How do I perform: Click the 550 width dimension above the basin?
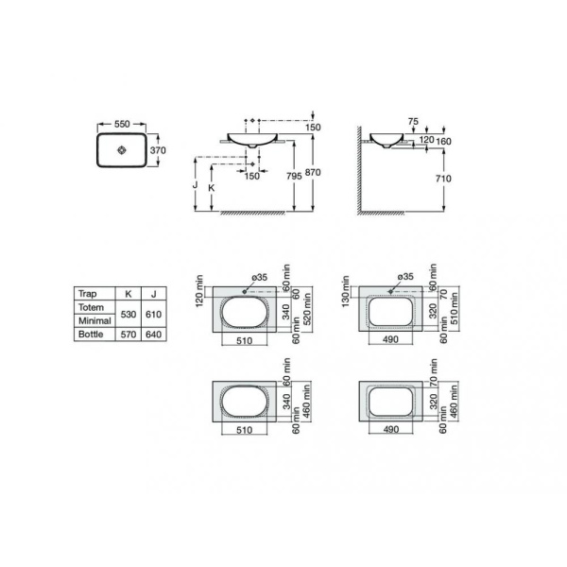[121, 123]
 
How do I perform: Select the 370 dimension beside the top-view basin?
[159, 149]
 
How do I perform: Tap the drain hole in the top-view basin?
[121, 150]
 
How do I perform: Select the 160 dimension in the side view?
[443, 141]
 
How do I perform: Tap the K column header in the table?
[128, 294]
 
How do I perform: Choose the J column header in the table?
[152, 294]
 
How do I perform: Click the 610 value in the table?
[152, 314]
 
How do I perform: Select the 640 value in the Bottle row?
[152, 334]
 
